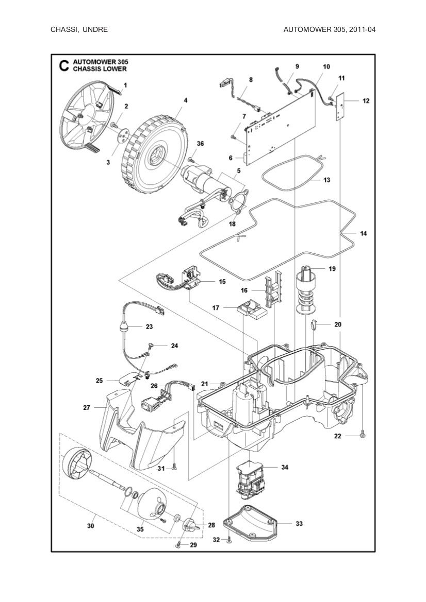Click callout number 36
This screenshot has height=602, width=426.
(x=200, y=144)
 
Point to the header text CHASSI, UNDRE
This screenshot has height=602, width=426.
(x=79, y=29)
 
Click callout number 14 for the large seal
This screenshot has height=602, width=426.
(x=363, y=234)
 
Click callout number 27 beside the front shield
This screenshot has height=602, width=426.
(x=87, y=407)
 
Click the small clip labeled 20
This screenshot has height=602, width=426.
(x=314, y=325)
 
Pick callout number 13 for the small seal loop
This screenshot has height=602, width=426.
(x=326, y=180)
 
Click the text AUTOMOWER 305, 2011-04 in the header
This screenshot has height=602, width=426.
(x=329, y=29)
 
